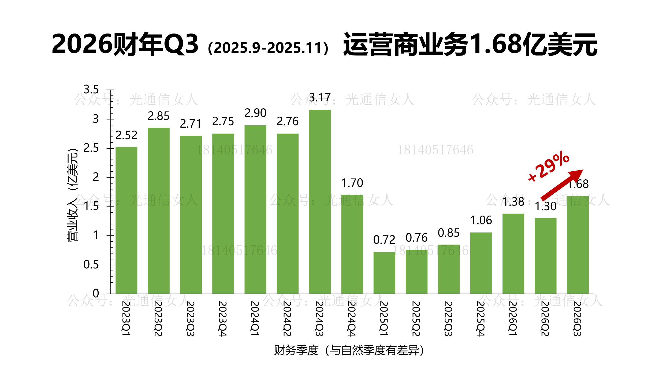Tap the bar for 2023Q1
click(126, 220)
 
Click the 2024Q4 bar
click(352, 244)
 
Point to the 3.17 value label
click(320, 98)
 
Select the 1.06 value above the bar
click(481, 220)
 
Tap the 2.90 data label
click(255, 113)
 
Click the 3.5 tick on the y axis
click(91, 90)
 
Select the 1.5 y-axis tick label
click(91, 206)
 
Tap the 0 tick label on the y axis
click(96, 293)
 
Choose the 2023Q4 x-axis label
click(223, 319)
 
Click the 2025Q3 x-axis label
click(448, 319)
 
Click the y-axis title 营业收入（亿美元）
click(72, 195)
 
